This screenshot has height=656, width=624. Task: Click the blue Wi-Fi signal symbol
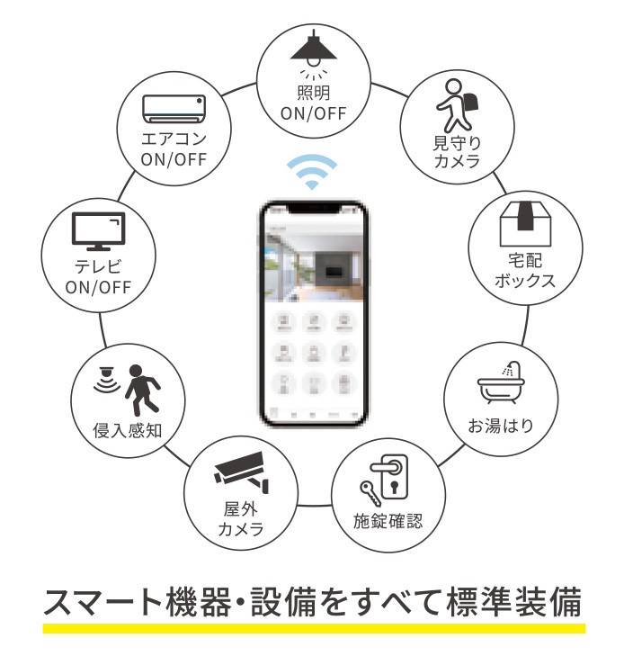[312, 172]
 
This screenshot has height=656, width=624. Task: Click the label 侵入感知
[127, 430]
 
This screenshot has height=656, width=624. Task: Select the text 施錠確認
[388, 521]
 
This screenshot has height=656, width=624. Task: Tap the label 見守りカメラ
[456, 152]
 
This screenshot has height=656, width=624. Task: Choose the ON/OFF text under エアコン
[174, 160]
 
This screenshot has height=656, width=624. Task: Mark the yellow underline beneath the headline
[313, 627]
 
